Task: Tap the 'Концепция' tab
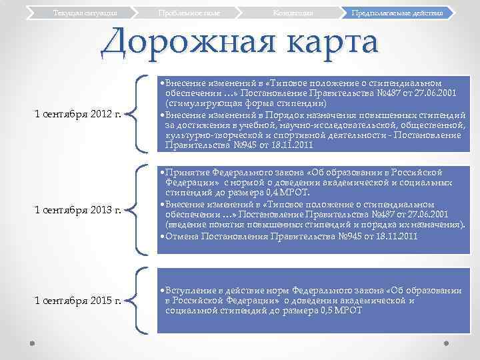point(293,13)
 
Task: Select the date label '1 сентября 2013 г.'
point(77,211)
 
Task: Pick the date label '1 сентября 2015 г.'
point(77,300)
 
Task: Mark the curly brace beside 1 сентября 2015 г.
point(140,299)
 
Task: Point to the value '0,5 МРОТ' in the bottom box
point(341,310)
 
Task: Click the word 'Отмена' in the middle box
point(182,236)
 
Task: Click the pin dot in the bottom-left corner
point(33,343)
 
